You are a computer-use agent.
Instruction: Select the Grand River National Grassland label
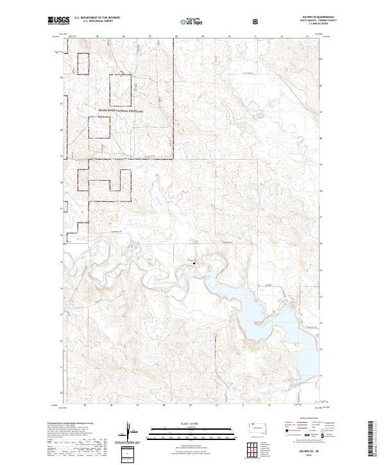pos(121,111)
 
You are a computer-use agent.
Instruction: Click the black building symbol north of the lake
pos(194,261)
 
